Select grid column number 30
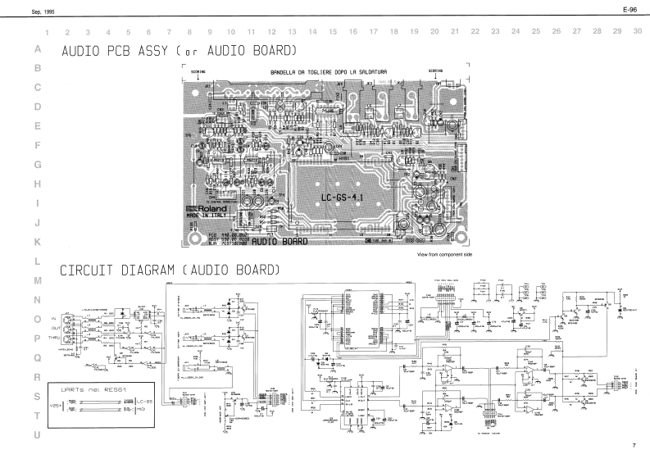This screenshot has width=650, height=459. [x=638, y=31]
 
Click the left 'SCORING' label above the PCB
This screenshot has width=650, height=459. [x=200, y=71]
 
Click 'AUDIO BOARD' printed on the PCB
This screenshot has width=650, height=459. [x=280, y=243]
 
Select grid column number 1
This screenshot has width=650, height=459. [x=49, y=31]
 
